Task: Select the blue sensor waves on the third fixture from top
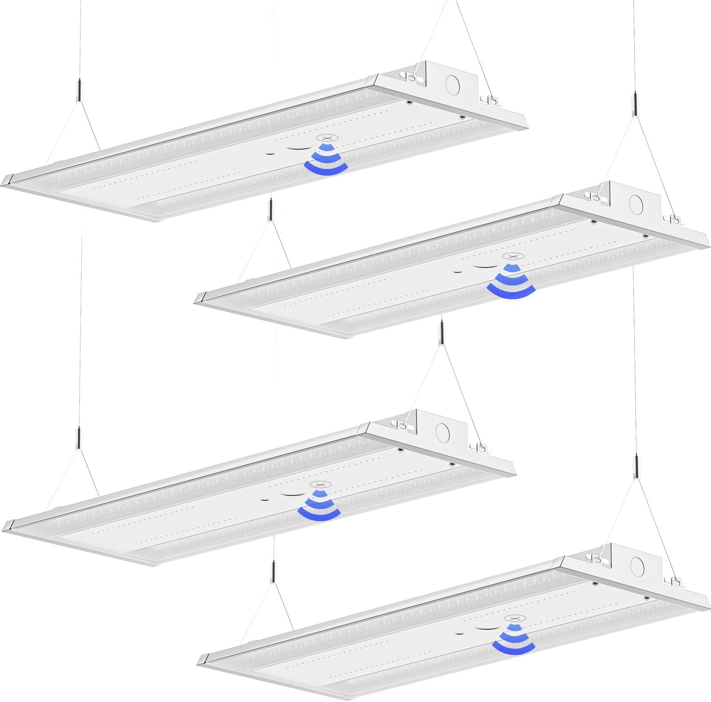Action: pyautogui.click(x=317, y=506)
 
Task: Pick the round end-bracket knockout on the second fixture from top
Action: pyautogui.click(x=639, y=204)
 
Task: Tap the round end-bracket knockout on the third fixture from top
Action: pyautogui.click(x=443, y=431)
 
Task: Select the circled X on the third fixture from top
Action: pyautogui.click(x=317, y=485)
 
